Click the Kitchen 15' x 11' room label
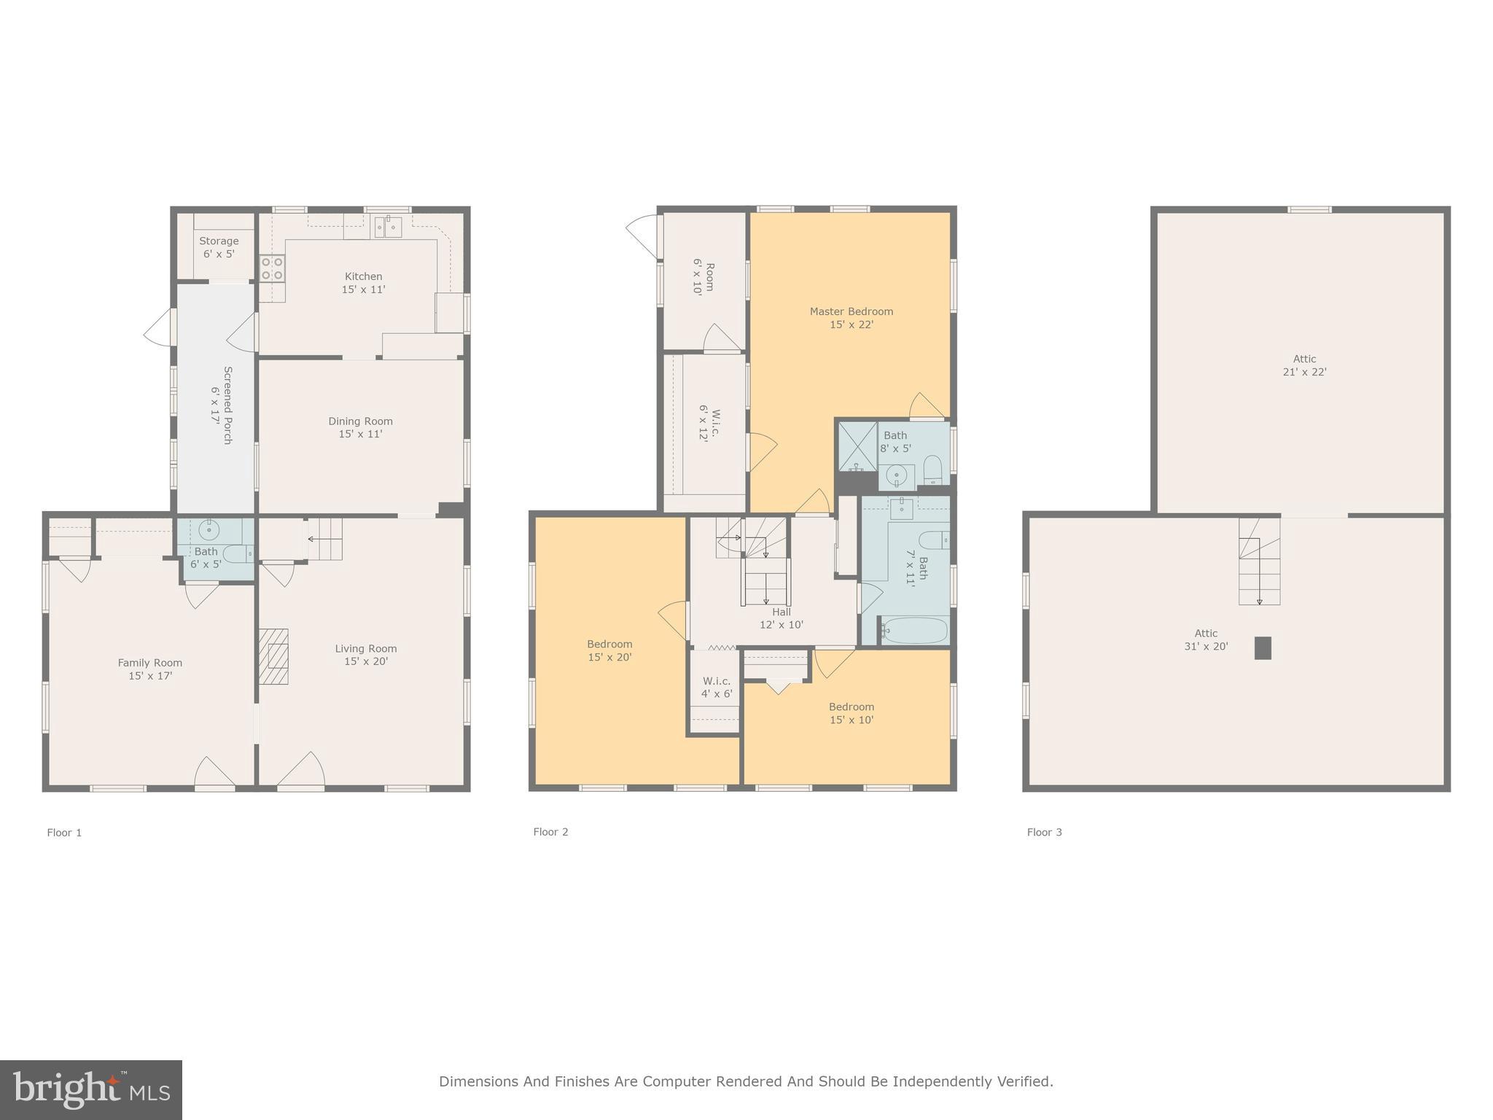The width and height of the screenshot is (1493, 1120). (363, 283)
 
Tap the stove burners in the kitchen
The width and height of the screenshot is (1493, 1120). (272, 268)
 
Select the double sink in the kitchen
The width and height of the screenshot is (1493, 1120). (388, 227)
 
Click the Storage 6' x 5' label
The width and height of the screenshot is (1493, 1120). (219, 247)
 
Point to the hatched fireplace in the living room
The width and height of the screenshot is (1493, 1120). (274, 656)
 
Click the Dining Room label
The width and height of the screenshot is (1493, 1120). (360, 427)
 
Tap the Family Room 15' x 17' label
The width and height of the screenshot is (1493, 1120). (149, 669)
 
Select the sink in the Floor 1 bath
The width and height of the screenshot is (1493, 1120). (209, 529)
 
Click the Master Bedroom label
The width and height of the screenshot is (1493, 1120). (851, 318)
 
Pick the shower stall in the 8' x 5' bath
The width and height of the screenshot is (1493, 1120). (857, 446)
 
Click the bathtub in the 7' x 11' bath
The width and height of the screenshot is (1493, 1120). (914, 631)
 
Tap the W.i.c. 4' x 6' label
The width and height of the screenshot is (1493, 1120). (716, 688)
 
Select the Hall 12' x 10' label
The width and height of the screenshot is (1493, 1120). (781, 618)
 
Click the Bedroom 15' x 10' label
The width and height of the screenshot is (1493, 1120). (851, 713)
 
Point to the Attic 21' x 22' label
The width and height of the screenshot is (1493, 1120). (1304, 365)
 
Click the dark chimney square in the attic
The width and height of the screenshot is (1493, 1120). (1263, 648)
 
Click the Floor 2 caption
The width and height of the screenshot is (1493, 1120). (550, 832)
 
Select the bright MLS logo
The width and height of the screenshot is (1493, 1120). (91, 1089)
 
